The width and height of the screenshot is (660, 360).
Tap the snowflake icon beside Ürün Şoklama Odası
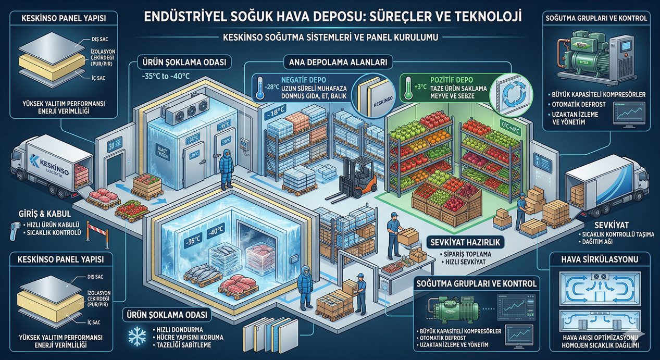point(137,337)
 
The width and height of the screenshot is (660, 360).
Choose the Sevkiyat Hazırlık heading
point(458,242)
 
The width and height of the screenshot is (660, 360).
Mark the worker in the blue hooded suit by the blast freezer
point(226,168)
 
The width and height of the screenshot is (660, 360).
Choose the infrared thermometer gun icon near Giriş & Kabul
point(16,227)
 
